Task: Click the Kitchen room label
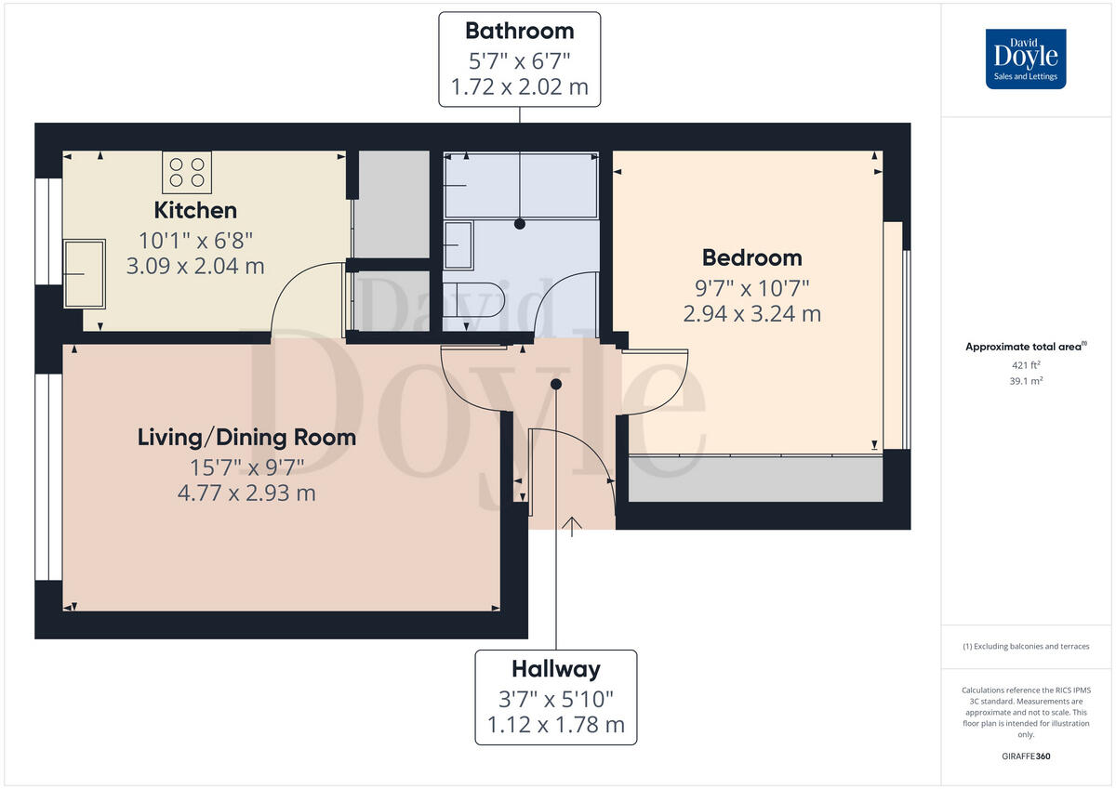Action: (195, 210)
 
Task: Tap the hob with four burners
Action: (187, 172)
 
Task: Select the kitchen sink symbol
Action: (84, 273)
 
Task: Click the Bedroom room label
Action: (751, 257)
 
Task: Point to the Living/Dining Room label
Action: (246, 437)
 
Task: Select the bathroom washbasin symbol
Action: (459, 245)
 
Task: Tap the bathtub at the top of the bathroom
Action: (520, 185)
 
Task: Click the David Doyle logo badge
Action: (1026, 59)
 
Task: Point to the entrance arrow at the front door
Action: (571, 527)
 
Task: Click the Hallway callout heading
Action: (555, 669)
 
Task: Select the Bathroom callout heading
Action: (519, 31)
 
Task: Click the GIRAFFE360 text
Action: (1026, 756)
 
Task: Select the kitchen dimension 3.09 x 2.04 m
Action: (195, 267)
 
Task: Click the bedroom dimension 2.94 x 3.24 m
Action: (751, 314)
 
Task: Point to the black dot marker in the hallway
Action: (556, 384)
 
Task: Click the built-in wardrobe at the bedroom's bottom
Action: (755, 479)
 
